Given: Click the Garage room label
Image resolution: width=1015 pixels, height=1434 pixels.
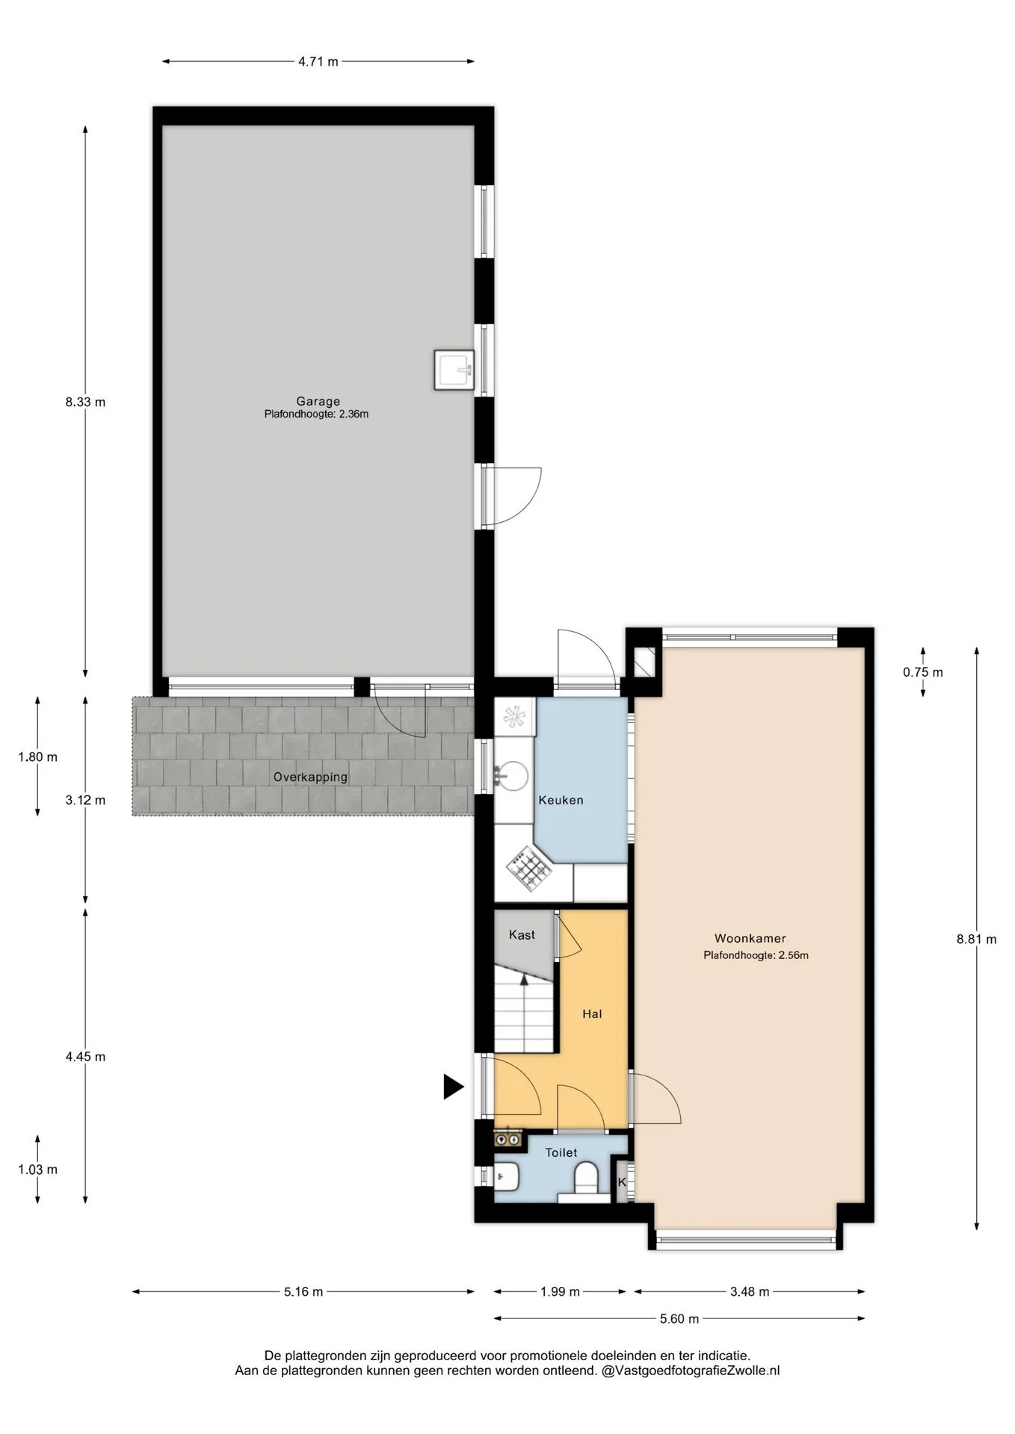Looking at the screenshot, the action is click(x=318, y=401).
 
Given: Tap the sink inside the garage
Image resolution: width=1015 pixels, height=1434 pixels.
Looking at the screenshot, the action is click(x=454, y=370).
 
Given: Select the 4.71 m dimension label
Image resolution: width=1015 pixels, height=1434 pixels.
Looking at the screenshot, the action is click(x=318, y=61).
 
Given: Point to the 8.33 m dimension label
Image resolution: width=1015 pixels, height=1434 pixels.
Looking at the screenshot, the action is click(x=85, y=402).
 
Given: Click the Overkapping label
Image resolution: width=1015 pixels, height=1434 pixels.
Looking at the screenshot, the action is click(x=310, y=777).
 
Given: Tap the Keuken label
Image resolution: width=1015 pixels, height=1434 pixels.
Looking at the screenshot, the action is click(x=561, y=800).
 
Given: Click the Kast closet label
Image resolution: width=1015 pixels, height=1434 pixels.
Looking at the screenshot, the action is click(x=522, y=934).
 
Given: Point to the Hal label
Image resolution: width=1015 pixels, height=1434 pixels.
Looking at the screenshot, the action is click(x=592, y=1014).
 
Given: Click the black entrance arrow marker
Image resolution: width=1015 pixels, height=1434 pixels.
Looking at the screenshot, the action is click(x=453, y=1087).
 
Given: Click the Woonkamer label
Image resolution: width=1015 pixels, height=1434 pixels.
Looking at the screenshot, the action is click(x=750, y=938).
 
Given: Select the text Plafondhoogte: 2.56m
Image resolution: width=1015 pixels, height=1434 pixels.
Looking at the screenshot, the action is click(x=756, y=955).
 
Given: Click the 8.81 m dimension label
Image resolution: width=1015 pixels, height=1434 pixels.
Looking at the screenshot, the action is click(x=976, y=939).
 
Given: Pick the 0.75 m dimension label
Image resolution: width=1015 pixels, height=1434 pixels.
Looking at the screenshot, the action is click(x=922, y=672).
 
